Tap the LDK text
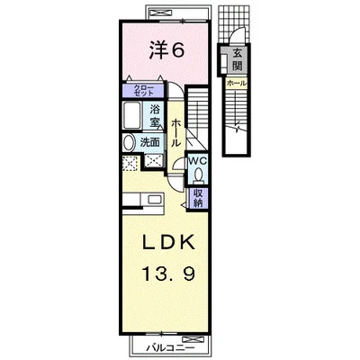(169, 242)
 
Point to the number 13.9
(169, 274)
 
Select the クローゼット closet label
(144, 90)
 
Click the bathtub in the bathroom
(131, 116)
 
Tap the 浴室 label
(155, 115)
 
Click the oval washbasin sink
(130, 143)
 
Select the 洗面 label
(150, 143)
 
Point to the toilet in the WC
(198, 175)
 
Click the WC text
(197, 161)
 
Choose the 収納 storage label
(197, 198)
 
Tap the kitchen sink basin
(156, 200)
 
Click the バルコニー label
(171, 348)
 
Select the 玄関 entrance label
(238, 59)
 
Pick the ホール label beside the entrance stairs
(237, 83)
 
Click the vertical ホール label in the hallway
(176, 132)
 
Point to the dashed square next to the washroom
(130, 163)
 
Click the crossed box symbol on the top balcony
(160, 12)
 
